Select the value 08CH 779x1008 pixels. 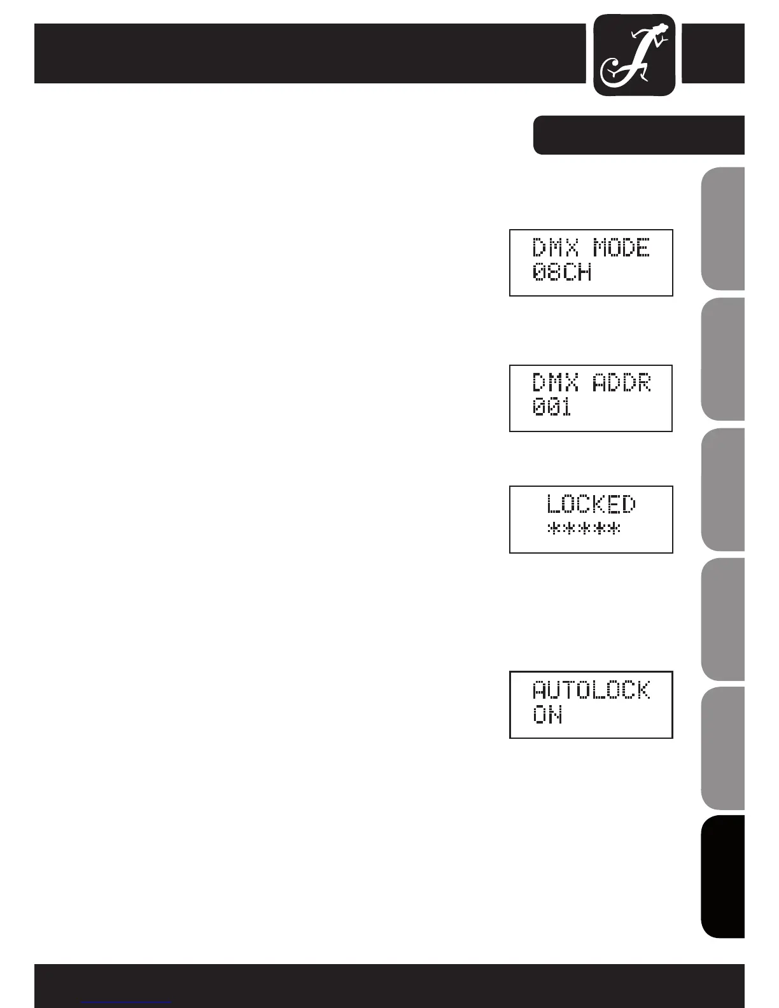(562, 273)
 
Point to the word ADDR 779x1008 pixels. (622, 383)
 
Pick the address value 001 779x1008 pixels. (552, 408)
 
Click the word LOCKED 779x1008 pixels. (591, 505)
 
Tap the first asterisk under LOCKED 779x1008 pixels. (553, 529)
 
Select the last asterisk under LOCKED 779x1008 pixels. (613, 529)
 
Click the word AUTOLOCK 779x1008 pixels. (591, 690)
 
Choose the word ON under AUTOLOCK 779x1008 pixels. (547, 716)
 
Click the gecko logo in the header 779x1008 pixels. (635, 55)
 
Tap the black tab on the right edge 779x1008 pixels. (723, 876)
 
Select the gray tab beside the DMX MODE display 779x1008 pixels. (723, 229)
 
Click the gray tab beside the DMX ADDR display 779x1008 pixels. (723, 360)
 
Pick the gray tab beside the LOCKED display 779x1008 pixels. (723, 490)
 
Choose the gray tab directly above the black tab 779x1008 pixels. (723, 748)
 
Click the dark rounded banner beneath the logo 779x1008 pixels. (638, 135)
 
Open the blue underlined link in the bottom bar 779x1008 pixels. (127, 1002)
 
